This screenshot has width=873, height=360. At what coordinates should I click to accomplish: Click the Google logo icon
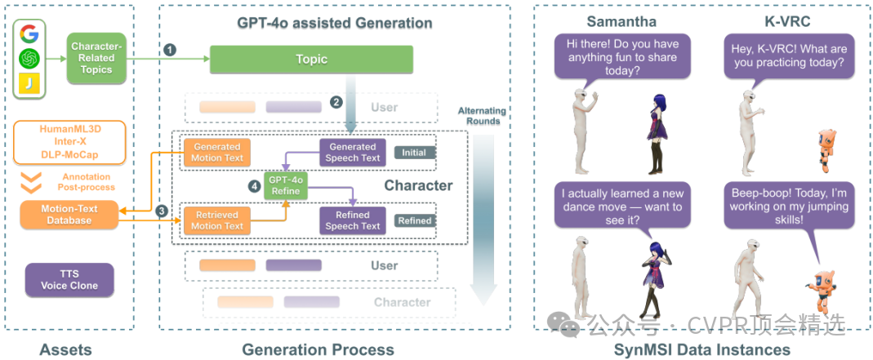pos(29,33)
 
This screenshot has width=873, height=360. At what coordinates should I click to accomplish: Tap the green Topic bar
pos(311,60)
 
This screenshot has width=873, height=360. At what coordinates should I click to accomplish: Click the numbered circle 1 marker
pos(171,50)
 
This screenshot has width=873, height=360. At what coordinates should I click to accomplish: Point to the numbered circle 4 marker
pos(254,187)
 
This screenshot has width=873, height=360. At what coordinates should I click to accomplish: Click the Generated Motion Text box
pos(217,153)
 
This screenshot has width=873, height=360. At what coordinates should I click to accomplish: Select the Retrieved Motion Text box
pos(217,220)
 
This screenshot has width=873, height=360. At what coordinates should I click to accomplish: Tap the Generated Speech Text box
pos(353,153)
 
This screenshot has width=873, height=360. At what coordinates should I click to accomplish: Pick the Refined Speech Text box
pos(353,220)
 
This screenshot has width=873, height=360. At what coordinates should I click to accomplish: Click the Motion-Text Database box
pos(69,215)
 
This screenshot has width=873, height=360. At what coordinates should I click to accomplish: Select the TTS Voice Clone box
pos(69,280)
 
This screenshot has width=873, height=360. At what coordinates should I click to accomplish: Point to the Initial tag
pos(414,153)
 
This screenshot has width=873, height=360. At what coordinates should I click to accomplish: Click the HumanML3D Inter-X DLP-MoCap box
pos(69,142)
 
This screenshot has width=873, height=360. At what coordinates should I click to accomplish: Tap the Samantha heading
pos(621,22)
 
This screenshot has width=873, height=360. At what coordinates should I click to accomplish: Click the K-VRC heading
pos(788,22)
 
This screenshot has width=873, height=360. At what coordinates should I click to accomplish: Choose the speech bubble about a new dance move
pos(622,207)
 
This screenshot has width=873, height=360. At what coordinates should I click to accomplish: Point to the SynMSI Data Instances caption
pos(702,349)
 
